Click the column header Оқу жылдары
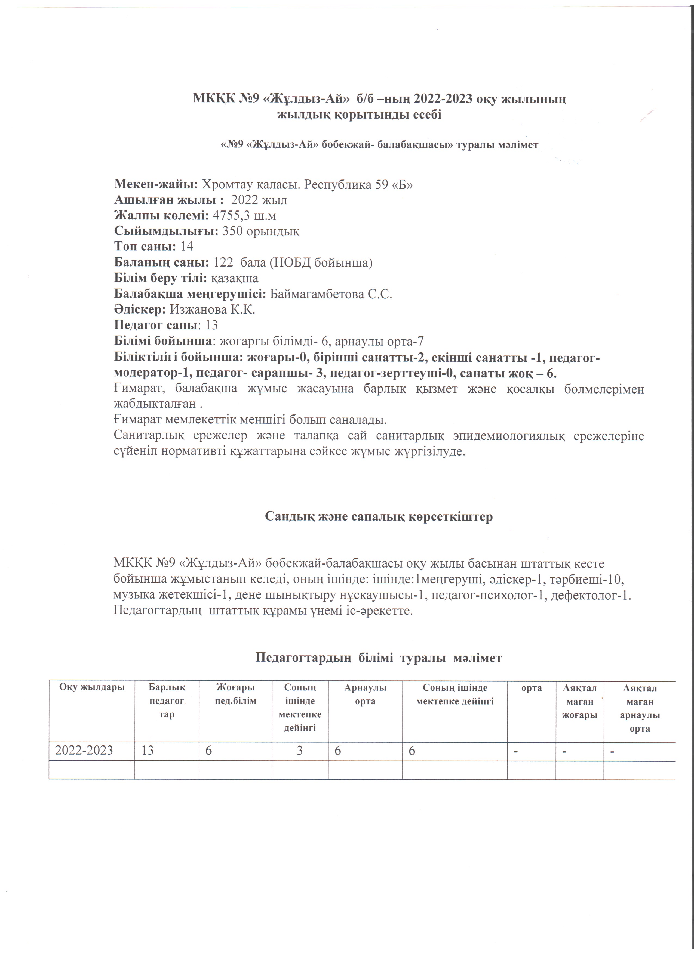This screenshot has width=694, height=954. (x=92, y=688)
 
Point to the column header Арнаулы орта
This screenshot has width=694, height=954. (x=365, y=695)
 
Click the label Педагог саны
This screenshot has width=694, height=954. (x=155, y=325)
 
